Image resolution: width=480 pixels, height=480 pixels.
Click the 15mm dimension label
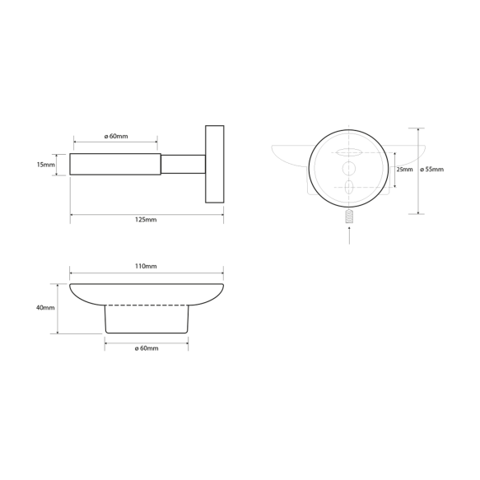coord(45,165)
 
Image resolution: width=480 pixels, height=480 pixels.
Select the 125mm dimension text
coord(145,221)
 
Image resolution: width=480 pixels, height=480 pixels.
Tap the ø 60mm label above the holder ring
coord(116,137)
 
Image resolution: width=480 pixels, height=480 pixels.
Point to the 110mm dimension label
coord(146,267)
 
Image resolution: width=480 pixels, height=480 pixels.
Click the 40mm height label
coord(45,308)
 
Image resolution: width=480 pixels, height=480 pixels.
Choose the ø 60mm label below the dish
coord(146,349)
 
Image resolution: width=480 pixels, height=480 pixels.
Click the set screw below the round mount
coord(348,218)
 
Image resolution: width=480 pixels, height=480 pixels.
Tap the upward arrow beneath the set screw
coord(348,235)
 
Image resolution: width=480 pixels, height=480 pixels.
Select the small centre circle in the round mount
coord(348,169)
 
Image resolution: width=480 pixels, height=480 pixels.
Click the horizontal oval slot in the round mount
coord(348,151)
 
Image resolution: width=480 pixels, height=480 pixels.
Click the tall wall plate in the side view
coord(214,165)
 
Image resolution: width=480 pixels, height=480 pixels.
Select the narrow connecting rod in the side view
coord(182,165)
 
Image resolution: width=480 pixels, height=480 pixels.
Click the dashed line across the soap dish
coord(146,306)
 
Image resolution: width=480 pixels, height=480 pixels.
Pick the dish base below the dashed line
coord(146,321)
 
